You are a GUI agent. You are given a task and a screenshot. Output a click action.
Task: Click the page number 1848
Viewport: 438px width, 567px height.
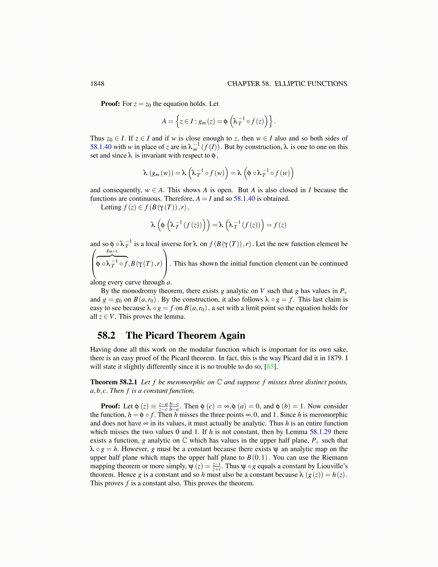pos(97,84)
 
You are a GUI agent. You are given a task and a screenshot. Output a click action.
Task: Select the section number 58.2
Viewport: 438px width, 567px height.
pos(106,335)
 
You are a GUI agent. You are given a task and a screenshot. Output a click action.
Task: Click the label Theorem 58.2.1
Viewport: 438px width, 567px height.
pos(113,382)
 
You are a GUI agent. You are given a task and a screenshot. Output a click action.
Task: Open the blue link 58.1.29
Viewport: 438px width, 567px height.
pos(320,432)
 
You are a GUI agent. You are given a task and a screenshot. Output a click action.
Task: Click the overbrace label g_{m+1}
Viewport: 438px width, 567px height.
pos(112,251)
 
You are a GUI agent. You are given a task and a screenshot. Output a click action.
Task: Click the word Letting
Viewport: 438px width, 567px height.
pos(111,207)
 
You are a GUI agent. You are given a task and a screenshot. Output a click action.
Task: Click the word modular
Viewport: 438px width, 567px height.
pos(203,349)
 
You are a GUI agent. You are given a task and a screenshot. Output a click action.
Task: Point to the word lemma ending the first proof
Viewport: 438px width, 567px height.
pos(175,317)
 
